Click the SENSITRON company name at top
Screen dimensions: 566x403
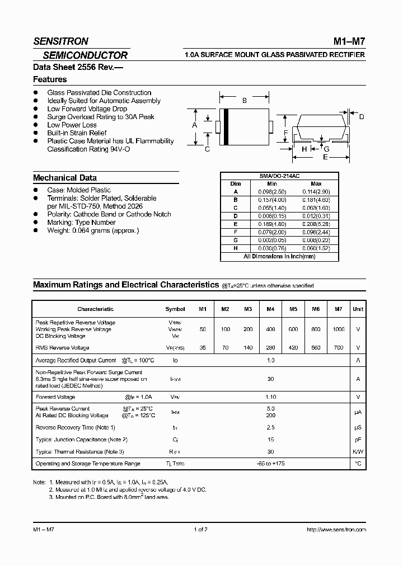click(x=60, y=41)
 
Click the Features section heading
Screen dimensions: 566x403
click(x=50, y=79)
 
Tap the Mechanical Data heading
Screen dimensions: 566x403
click(x=64, y=178)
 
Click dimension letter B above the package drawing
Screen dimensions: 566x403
click(x=244, y=101)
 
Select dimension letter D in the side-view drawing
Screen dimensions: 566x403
click(x=362, y=116)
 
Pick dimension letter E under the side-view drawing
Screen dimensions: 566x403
click(x=325, y=157)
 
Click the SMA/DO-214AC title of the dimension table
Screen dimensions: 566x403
click(x=279, y=176)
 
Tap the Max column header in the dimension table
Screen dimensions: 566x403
click(x=316, y=183)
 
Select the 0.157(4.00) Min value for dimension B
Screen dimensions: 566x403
click(x=272, y=199)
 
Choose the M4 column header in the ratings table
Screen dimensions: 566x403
click(x=270, y=309)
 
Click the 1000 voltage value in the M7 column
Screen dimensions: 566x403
click(x=339, y=329)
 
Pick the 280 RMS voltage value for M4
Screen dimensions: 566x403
click(x=270, y=348)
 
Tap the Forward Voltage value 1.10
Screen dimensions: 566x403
click(x=270, y=397)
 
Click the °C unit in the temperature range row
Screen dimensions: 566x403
click(x=358, y=464)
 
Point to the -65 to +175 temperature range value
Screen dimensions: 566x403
click(x=270, y=464)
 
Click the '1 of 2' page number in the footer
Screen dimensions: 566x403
click(x=200, y=529)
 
